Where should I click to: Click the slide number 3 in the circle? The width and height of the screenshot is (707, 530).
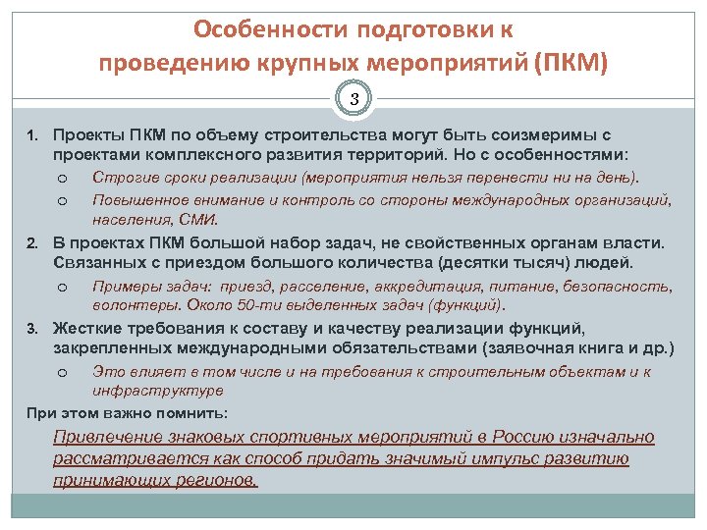(x=356, y=98)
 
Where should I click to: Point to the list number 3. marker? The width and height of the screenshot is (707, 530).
(x=32, y=327)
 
